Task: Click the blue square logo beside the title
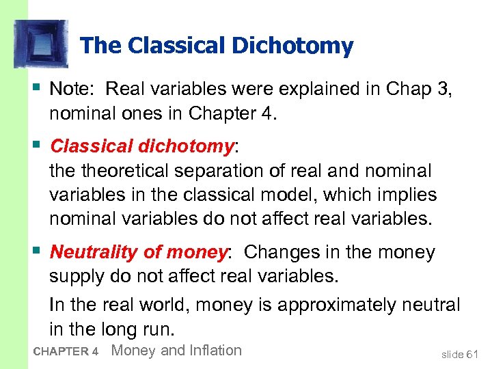tap(42, 44)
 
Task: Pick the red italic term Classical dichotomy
tap(142, 146)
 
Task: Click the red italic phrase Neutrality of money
tap(138, 252)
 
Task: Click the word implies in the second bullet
tap(402, 195)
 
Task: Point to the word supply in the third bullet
tap(76, 277)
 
